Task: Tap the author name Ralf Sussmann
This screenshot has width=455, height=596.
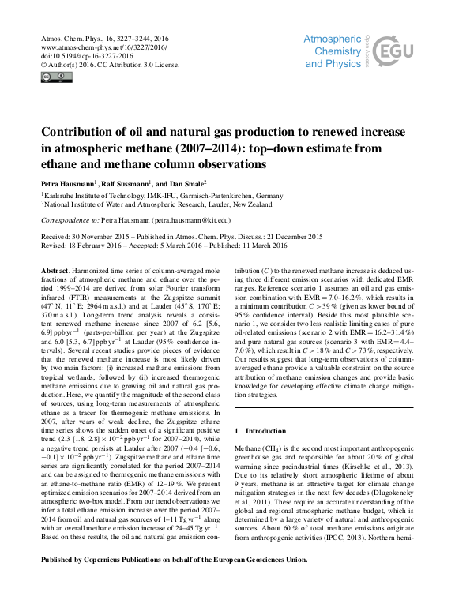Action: tap(140, 182)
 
